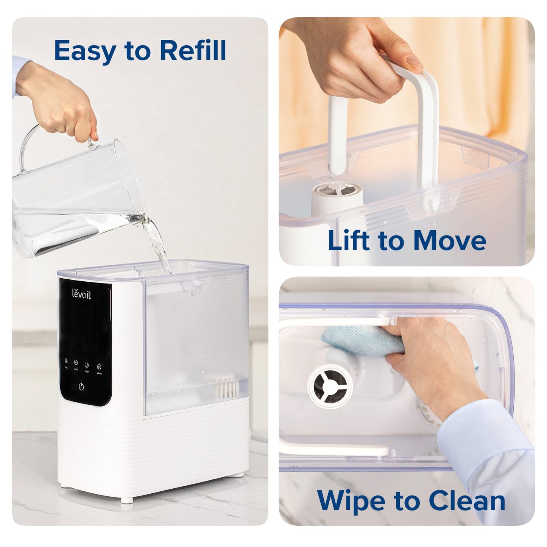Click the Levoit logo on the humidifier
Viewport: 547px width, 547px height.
[x=82, y=295]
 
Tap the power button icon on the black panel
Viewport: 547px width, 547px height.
[x=81, y=386]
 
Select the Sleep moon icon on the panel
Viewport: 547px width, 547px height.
[x=87, y=365]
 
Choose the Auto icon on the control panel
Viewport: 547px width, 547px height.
[x=75, y=362]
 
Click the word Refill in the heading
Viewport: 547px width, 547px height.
[x=192, y=50]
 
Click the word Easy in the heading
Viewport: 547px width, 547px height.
[x=84, y=51]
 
